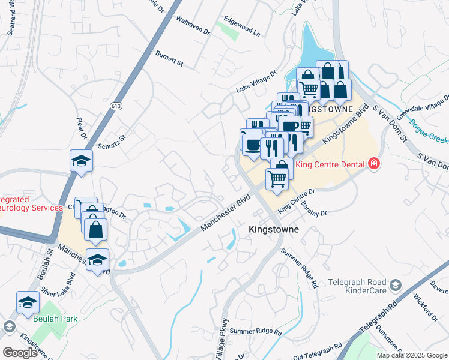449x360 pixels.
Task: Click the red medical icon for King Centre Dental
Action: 373,163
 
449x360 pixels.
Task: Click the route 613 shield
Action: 116,106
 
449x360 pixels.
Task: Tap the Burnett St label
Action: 169,58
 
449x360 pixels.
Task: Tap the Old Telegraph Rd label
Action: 318,352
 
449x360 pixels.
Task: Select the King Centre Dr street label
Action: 297,200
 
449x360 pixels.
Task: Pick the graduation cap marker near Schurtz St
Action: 81,160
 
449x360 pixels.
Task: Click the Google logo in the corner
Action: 20,352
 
